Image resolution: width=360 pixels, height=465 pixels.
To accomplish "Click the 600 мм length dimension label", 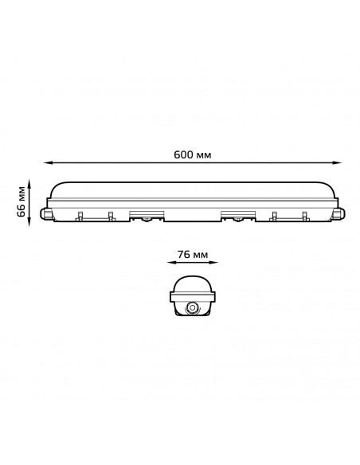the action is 193,154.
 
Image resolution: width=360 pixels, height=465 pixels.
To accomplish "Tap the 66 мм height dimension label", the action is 21,201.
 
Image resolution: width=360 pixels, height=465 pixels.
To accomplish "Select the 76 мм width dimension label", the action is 193,255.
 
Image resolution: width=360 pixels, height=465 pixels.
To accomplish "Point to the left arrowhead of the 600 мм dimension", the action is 48,162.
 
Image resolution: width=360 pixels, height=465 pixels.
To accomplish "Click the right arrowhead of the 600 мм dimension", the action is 337,162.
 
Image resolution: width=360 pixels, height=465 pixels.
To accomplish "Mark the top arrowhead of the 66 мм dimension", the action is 29,183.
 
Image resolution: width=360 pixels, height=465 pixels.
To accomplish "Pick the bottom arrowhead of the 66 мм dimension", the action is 29,221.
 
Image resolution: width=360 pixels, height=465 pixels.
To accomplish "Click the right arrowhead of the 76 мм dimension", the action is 213,263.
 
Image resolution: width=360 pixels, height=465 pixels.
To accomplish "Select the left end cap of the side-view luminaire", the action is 46,214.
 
